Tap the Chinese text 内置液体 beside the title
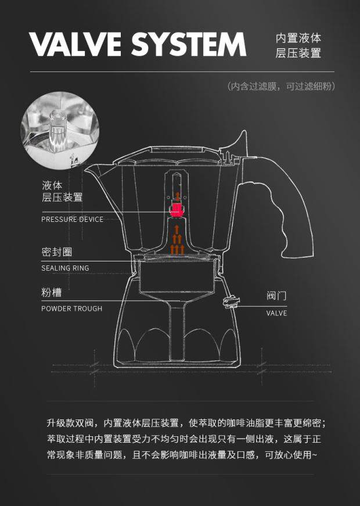[x=298, y=38]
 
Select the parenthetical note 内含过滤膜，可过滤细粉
[x=281, y=87]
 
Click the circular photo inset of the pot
[x=60, y=128]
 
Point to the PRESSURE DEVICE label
[x=72, y=220]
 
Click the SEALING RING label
[x=65, y=268]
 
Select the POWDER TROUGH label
[x=71, y=308]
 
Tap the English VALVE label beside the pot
[x=276, y=313]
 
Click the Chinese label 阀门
[x=276, y=296]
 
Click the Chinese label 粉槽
[x=51, y=293]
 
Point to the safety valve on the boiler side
[x=231, y=301]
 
